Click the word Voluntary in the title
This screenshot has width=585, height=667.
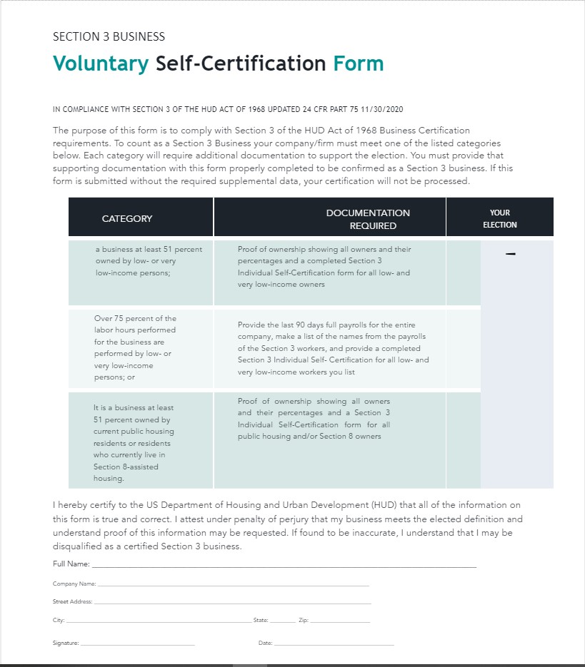point(101,63)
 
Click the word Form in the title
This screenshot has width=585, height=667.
point(358,63)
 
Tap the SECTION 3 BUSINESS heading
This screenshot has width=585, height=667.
point(109,36)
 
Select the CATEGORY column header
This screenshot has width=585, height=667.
point(127,218)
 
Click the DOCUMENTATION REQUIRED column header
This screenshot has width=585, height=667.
point(369,218)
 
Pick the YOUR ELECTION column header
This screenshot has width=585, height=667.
point(500,218)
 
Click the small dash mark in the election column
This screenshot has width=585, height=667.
point(510,254)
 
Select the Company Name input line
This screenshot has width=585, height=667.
point(233,584)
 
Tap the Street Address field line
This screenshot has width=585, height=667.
point(233,603)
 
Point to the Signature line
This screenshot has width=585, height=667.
point(137,643)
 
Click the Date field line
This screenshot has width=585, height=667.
point(334,643)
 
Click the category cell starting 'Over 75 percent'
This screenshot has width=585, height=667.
point(135,347)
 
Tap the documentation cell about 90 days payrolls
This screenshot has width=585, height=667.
point(333,348)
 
